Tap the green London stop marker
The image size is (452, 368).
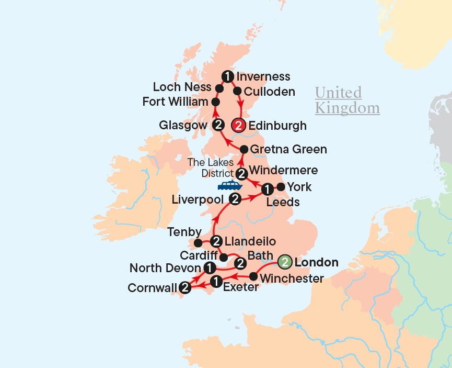285,261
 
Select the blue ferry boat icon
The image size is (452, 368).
229,186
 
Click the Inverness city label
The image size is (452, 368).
263,76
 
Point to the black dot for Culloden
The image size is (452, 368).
237,91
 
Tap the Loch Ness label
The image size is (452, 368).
182,87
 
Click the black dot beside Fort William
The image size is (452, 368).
215,102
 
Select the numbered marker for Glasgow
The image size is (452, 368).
219,125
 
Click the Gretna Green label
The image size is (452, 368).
288,150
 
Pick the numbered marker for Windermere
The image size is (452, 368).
241,173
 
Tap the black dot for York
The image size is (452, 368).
281,187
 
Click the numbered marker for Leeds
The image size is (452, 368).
267,188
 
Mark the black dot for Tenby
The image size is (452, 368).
198,243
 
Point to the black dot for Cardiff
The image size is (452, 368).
224,257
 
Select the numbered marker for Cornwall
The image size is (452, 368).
184,287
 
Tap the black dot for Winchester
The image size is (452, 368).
253,276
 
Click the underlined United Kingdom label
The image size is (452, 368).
347,101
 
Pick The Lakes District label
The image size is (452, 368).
211,168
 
